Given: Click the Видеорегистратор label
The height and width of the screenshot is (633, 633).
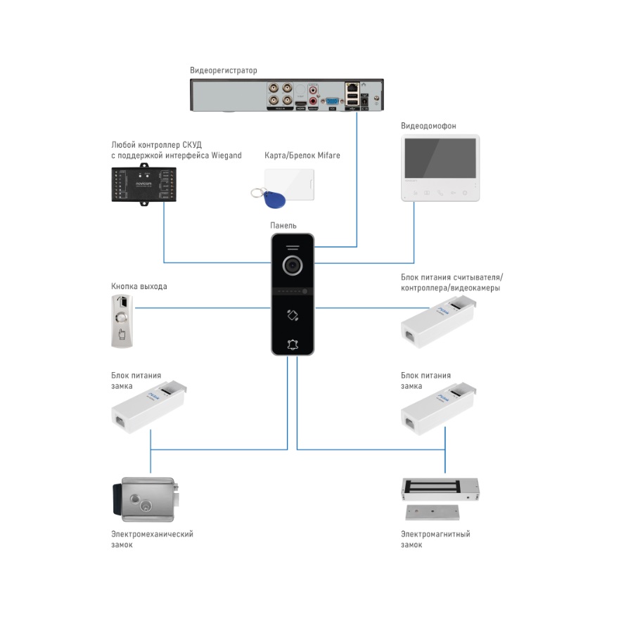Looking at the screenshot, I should click(x=224, y=70).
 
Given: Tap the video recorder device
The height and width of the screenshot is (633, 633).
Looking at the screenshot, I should click(x=288, y=95).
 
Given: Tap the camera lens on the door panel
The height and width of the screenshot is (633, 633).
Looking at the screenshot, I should click(x=293, y=265).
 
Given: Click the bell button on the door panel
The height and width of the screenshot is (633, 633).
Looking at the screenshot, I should click(x=293, y=344).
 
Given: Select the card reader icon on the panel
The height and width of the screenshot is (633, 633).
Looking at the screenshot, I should click(x=293, y=315).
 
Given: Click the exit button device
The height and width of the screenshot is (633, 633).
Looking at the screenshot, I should click(x=120, y=321).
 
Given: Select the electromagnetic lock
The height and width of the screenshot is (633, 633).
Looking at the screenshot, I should click(x=438, y=497).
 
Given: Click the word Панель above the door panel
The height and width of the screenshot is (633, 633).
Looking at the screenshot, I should click(x=283, y=226).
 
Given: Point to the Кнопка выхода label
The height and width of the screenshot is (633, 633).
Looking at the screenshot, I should click(x=139, y=286).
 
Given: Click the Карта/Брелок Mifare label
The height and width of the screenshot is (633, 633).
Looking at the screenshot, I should click(x=302, y=155).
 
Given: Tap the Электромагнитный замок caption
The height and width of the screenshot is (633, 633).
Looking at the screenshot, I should click(x=435, y=539).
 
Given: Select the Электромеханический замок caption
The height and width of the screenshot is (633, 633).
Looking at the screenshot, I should click(x=152, y=539).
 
